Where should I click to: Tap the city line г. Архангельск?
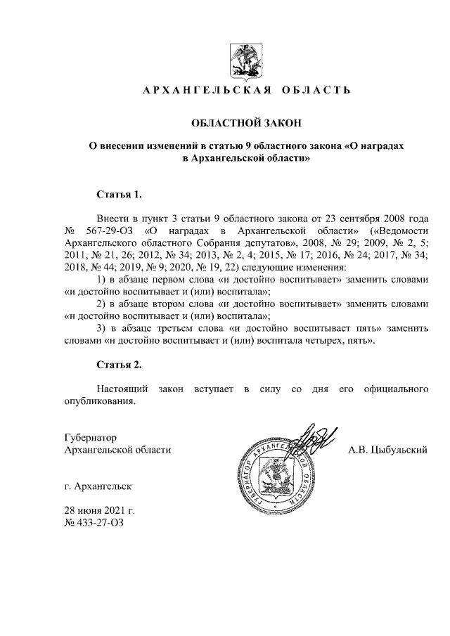pos(96,486)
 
